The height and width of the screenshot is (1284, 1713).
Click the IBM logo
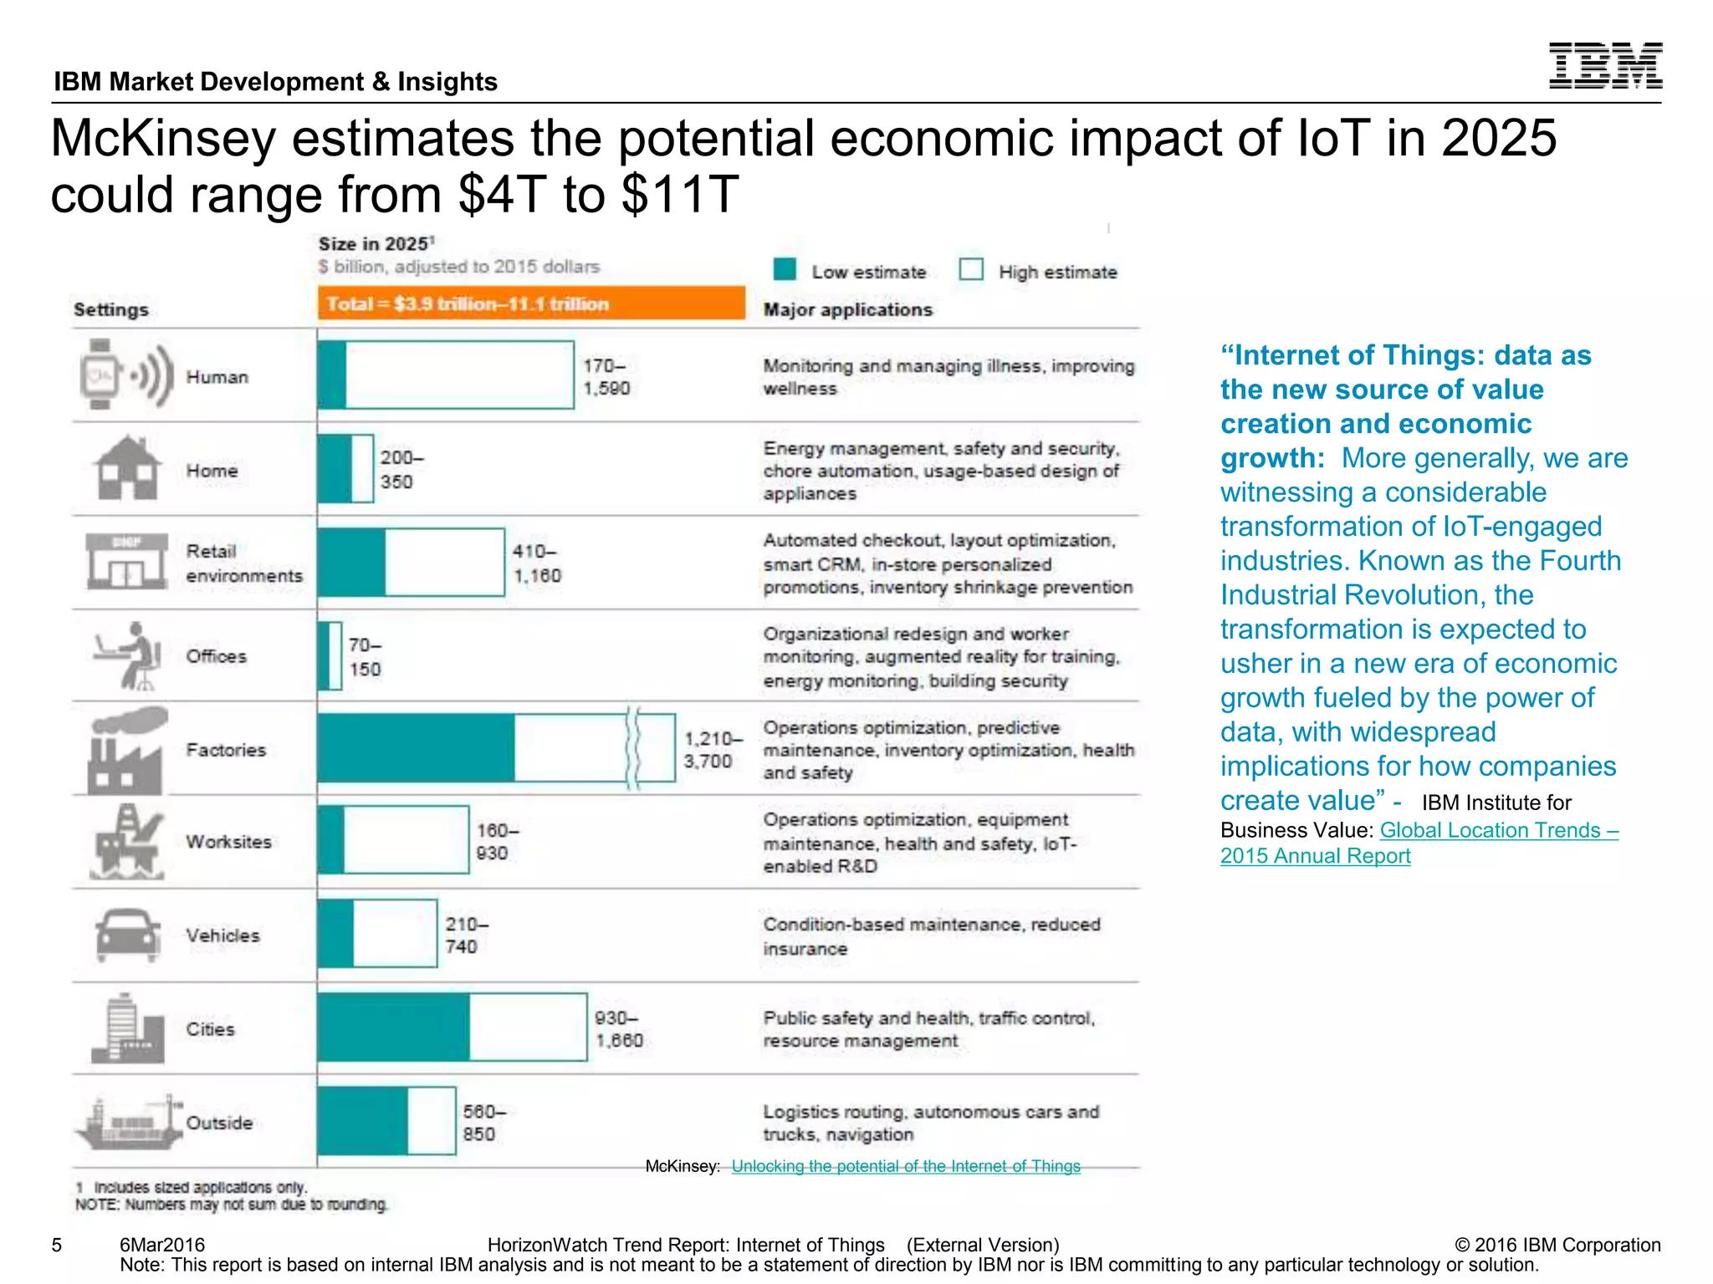pos(1604,65)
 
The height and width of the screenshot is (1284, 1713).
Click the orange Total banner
pos(530,303)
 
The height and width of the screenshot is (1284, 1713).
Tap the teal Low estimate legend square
pos(785,269)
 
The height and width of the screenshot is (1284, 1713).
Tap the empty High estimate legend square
pos(970,269)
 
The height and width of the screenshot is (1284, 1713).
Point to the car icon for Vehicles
pos(127,935)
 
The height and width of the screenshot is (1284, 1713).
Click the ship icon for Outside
pos(128,1123)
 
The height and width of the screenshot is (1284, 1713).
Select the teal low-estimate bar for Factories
pos(416,748)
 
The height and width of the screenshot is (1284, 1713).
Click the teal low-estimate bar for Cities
pos(393,1027)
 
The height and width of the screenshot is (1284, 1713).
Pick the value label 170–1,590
pos(606,377)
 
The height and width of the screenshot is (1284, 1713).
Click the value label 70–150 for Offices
pos(365,657)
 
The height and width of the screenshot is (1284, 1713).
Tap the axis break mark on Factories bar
pos(633,748)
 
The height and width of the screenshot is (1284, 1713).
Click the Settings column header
pos(111,309)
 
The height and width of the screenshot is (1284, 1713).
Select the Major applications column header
pos(847,309)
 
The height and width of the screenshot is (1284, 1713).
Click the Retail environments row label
pos(243,563)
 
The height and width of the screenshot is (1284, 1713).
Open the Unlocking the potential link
pos(905,1166)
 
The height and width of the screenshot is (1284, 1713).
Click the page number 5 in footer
pos(57,1245)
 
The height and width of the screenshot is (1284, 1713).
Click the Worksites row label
pos(228,842)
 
